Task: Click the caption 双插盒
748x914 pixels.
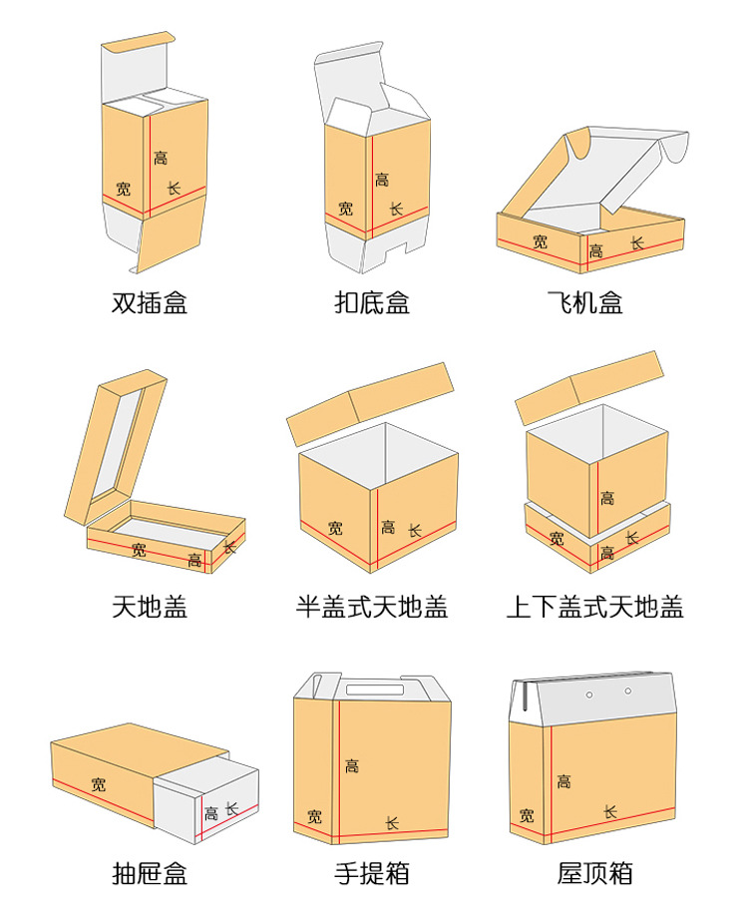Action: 150,302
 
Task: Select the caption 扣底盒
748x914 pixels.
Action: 372,302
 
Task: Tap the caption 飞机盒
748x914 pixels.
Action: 585,302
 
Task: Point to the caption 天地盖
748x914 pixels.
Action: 150,605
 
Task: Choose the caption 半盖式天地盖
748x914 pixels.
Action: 372,605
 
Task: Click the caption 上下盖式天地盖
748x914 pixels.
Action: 595,605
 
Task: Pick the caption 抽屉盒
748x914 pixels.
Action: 150,875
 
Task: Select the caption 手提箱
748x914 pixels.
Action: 372,875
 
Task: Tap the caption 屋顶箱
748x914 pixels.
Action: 595,875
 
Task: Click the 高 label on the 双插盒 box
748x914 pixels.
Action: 161,158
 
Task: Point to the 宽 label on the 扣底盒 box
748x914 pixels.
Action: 345,209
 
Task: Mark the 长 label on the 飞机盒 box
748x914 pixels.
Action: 637,242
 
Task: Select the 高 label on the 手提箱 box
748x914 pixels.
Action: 352,765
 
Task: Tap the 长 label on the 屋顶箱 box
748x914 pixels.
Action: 610,812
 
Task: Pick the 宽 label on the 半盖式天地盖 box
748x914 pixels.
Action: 335,528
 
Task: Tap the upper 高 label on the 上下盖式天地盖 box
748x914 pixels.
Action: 607,498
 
